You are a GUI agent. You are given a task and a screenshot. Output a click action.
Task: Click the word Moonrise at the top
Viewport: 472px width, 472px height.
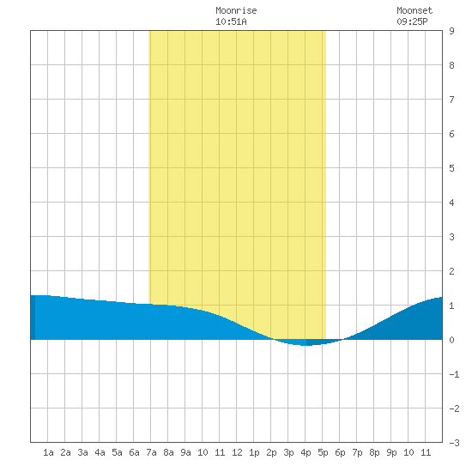[236, 11]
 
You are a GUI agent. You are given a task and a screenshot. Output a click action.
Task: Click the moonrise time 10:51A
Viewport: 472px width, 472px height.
[231, 21]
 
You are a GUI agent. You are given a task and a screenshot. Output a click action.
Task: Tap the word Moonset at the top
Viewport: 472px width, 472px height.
[415, 11]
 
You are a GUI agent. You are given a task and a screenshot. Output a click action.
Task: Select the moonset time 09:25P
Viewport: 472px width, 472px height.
[412, 21]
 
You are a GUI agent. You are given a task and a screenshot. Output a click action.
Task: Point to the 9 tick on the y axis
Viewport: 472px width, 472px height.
[451, 31]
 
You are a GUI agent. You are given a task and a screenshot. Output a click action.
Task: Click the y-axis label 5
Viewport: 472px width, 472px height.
[451, 168]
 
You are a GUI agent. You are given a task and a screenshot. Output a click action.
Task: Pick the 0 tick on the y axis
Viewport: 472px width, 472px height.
[451, 340]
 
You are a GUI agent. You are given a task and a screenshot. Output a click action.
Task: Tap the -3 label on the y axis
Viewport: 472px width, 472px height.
[455, 443]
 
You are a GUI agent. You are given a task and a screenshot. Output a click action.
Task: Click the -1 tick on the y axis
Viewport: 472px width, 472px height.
[455, 374]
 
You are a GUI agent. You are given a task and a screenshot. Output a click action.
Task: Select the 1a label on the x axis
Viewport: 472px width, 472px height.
[48, 452]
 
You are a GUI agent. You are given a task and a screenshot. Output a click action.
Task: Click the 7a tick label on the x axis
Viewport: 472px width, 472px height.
[151, 452]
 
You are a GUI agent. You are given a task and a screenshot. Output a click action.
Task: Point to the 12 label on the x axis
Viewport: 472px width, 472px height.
[237, 452]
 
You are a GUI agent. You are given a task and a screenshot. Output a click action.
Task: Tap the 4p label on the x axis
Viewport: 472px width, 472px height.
[306, 452]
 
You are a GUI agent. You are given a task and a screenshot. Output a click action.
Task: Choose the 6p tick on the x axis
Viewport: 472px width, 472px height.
[340, 452]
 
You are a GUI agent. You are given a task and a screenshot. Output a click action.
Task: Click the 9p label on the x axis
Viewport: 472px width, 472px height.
[391, 452]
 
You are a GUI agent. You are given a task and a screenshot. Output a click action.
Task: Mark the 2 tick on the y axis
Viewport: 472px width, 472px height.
[451, 271]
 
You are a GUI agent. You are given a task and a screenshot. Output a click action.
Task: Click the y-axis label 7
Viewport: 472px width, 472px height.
[451, 100]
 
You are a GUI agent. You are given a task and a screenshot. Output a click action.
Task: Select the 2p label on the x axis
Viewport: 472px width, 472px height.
[271, 452]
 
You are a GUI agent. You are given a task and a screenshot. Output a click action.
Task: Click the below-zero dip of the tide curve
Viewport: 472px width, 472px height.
[306, 342]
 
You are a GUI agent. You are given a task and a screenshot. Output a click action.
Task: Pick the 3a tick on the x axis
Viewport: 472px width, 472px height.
[82, 452]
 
